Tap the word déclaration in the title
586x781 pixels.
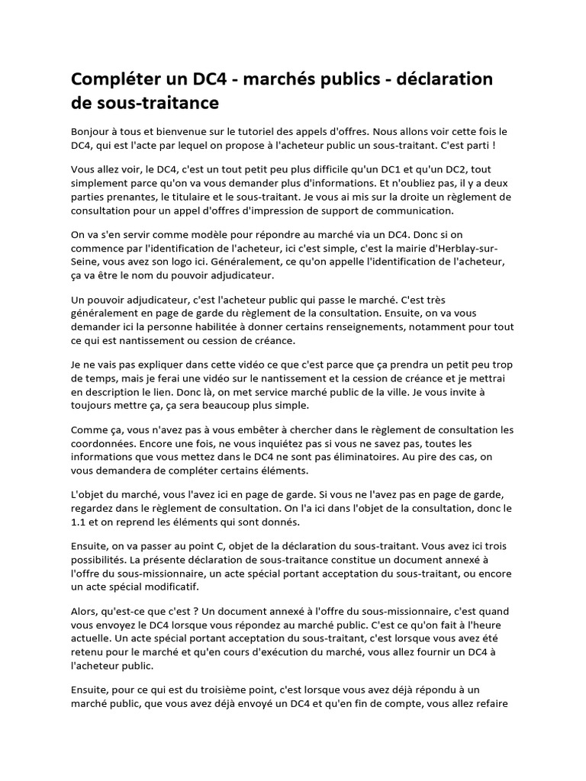coord(446,79)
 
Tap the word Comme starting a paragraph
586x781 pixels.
coord(88,430)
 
